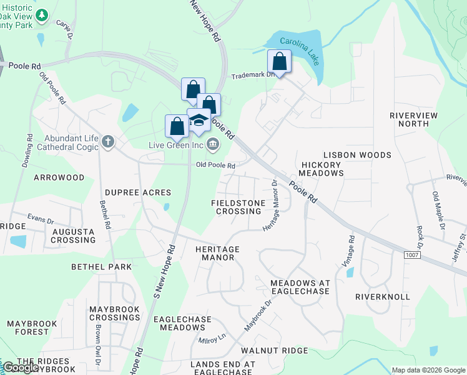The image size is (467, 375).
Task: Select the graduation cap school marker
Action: pos(199,120)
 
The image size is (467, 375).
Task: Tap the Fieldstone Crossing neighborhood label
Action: pos(236,207)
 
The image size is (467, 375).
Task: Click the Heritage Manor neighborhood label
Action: pos(217,253)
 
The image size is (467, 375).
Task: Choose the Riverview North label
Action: pos(413,119)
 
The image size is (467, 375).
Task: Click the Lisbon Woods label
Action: pos(357,154)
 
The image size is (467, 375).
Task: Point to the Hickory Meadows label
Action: pos(321,169)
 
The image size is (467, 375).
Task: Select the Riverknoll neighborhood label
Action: pos(383,296)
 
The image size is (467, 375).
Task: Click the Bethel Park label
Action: pos(101,267)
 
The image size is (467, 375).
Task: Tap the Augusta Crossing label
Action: pos(74,236)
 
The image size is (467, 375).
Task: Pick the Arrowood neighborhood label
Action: pos(59,177)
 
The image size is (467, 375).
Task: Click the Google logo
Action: pos(20,367)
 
